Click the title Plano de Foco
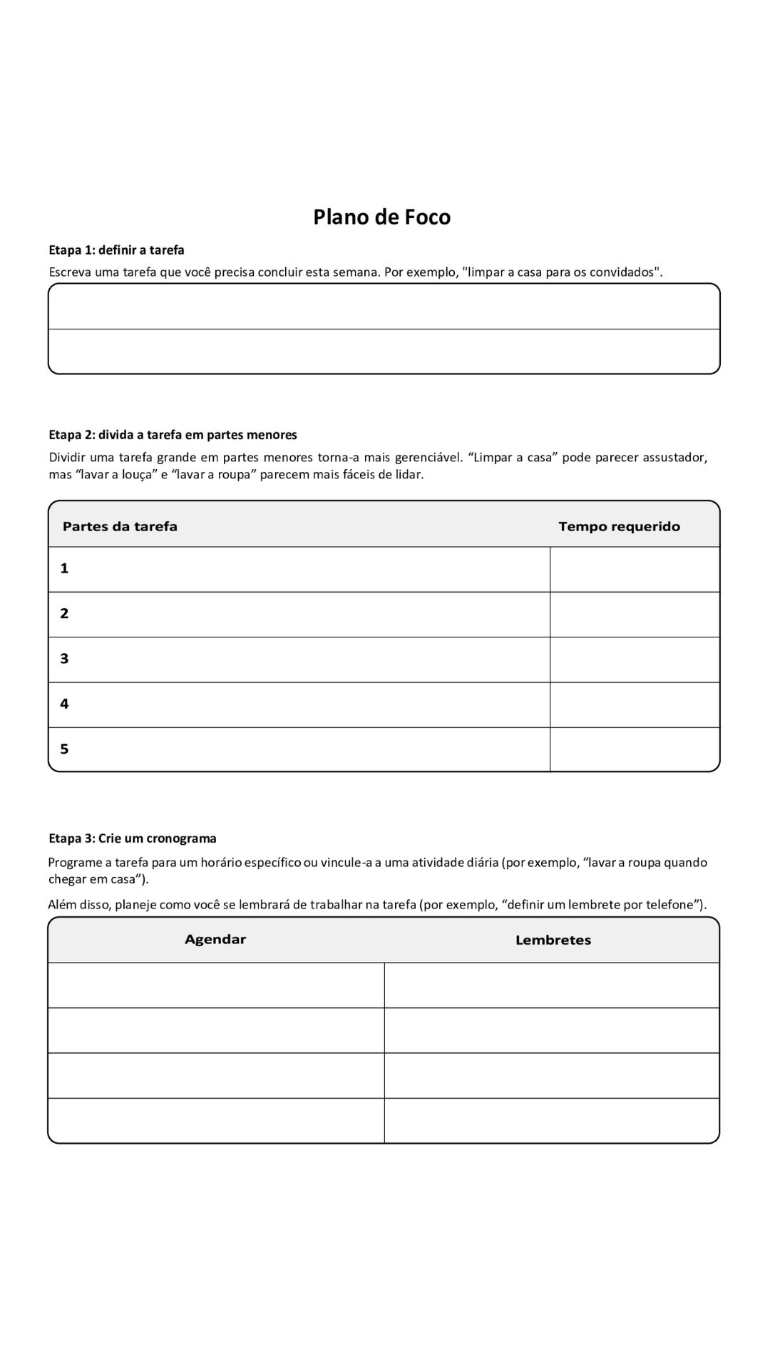pyautogui.click(x=381, y=217)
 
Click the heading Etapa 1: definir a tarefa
pyautogui.click(x=116, y=250)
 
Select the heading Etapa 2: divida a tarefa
pyautogui.click(x=173, y=435)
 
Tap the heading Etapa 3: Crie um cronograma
pyautogui.click(x=132, y=839)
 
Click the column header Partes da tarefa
pyautogui.click(x=120, y=527)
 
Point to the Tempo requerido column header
pyautogui.click(x=619, y=527)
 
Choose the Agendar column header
pyautogui.click(x=215, y=940)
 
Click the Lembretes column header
pyautogui.click(x=553, y=940)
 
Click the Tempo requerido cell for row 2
pyautogui.click(x=635, y=614)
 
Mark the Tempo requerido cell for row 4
pyautogui.click(x=635, y=704)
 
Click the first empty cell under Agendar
pyautogui.click(x=216, y=985)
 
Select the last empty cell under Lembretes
pyautogui.click(x=552, y=1120)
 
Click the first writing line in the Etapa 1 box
pyautogui.click(x=384, y=307)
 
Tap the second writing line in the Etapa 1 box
pyautogui.click(x=384, y=351)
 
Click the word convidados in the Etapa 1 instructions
pyautogui.click(x=621, y=272)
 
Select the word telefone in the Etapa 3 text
pyautogui.click(x=669, y=906)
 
